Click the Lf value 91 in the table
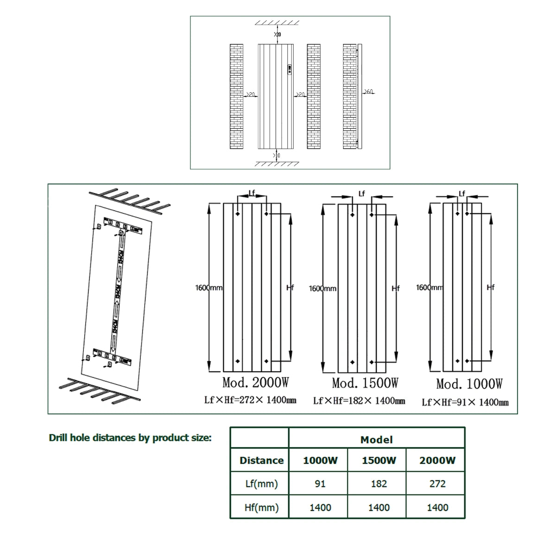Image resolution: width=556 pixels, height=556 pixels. click(x=320, y=484)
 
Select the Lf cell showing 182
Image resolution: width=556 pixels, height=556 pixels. click(x=379, y=484)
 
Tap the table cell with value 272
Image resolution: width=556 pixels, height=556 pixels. click(x=437, y=484)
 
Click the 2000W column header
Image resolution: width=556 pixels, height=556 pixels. click(x=437, y=461)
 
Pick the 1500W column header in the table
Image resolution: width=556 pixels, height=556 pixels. click(x=379, y=461)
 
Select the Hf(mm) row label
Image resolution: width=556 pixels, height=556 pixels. click(x=261, y=507)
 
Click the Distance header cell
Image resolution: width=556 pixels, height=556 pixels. click(x=261, y=461)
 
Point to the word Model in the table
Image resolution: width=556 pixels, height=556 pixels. click(x=376, y=440)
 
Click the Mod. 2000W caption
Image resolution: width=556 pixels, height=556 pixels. click(x=255, y=383)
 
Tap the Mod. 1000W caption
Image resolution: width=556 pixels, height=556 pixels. click(x=469, y=384)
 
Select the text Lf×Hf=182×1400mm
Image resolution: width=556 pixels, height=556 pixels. click(x=359, y=401)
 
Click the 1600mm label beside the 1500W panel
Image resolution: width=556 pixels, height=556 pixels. click(x=322, y=289)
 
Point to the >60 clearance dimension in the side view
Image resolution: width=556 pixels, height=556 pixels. click(x=368, y=92)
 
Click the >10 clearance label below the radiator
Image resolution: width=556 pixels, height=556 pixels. click(x=277, y=155)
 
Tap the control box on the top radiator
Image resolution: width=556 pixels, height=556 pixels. click(x=290, y=69)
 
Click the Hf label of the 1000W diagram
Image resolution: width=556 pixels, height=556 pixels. click(x=491, y=288)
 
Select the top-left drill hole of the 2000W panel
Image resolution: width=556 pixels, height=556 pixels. click(x=237, y=214)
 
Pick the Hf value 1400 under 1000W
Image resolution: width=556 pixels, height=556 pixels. click(x=320, y=507)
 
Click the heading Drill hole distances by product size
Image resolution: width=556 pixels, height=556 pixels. click(x=130, y=438)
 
